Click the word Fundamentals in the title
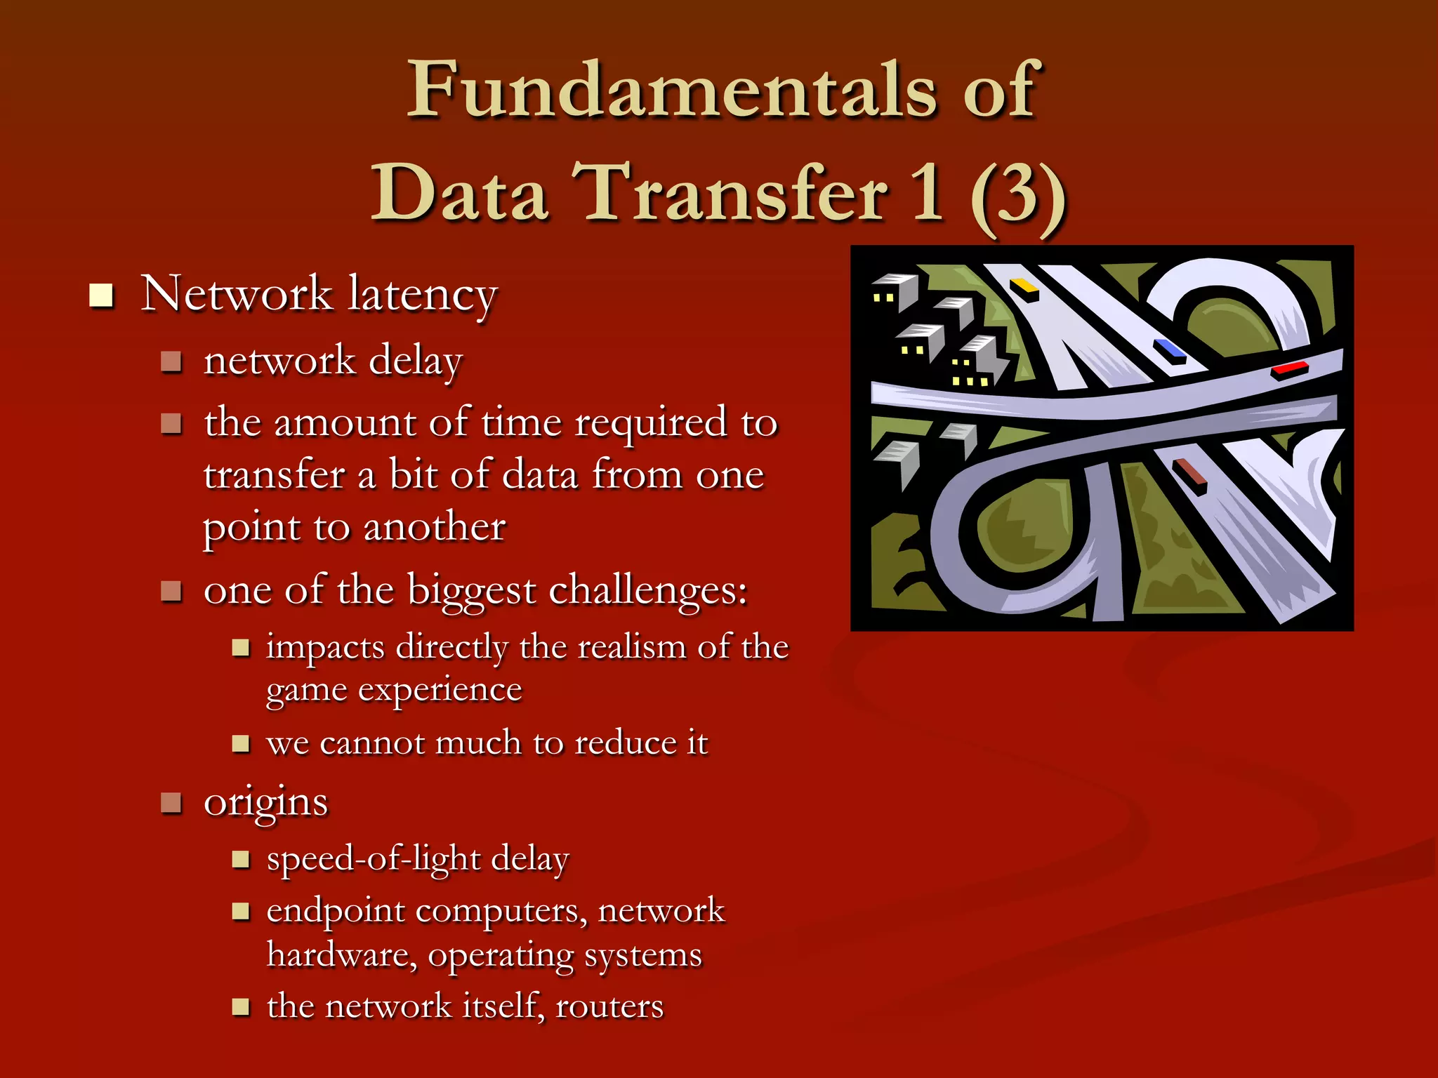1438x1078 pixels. pos(671,90)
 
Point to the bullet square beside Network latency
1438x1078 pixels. pos(101,295)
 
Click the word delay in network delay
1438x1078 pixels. pos(416,361)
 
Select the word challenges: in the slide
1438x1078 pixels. pos(647,591)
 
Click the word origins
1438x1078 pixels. pos(265,803)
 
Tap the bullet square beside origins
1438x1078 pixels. pos(171,801)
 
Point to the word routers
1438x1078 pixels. pos(609,1006)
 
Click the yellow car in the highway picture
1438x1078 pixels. pos(1024,287)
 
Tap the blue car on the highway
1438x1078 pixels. pos(1170,350)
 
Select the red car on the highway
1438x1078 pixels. pos(1290,368)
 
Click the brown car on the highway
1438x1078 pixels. pos(1190,474)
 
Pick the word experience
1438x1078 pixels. pos(440,691)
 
